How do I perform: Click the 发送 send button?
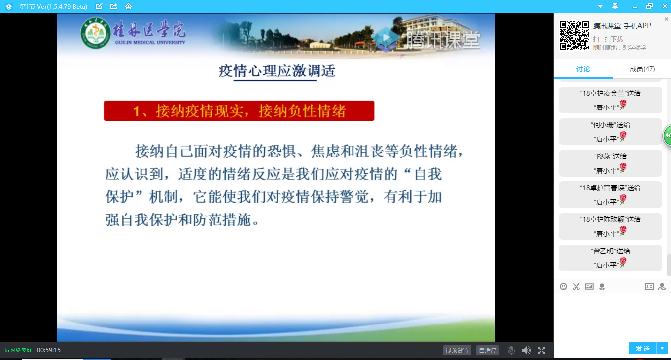642,348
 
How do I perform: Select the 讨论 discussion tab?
583,69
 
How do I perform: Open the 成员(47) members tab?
642,69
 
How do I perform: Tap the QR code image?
574,36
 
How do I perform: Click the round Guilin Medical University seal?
95,33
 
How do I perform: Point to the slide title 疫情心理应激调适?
277,71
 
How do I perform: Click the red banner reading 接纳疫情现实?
239,111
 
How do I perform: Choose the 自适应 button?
488,350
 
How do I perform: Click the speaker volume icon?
526,350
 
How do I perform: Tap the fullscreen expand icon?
541,350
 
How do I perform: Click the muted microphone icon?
511,350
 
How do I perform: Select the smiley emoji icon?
564,287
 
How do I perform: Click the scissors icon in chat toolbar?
576,287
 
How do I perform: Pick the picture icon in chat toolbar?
589,287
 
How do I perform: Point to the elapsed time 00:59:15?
48,350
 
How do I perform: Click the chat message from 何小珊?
610,132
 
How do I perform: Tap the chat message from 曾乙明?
610,258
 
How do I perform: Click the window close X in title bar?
665,6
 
